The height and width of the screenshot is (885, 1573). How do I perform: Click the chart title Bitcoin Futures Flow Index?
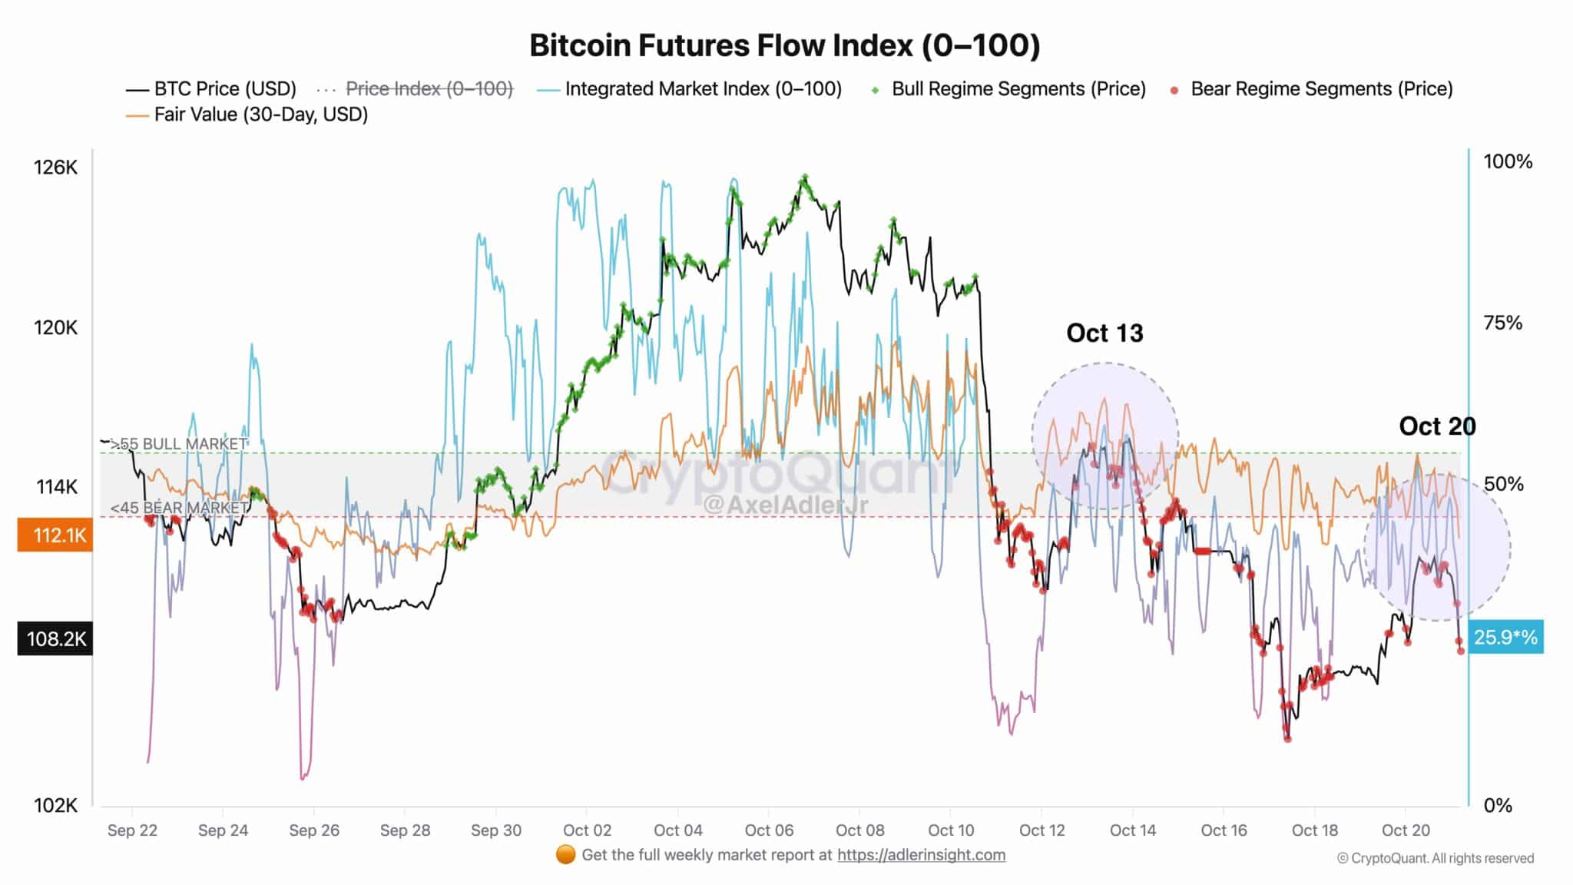pyautogui.click(x=785, y=46)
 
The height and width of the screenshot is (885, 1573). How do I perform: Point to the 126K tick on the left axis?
pyautogui.click(x=55, y=167)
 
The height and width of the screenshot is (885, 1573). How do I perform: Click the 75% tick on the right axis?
pyautogui.click(x=1502, y=323)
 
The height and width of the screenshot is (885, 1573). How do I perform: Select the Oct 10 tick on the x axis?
pyautogui.click(x=951, y=830)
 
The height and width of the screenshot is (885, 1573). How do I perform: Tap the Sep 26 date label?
pyautogui.click(x=314, y=830)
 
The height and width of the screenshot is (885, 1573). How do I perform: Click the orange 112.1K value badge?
pyautogui.click(x=55, y=535)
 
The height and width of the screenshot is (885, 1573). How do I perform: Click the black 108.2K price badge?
pyautogui.click(x=55, y=638)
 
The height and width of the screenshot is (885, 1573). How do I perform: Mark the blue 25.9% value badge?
pyautogui.click(x=1505, y=638)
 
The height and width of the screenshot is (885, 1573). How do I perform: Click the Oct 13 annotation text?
pyautogui.click(x=1104, y=333)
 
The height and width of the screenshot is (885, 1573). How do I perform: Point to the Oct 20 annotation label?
pyautogui.click(x=1437, y=426)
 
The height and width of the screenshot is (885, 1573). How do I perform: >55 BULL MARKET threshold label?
pyautogui.click(x=179, y=444)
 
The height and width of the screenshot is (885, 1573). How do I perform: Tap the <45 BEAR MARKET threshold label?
pyautogui.click(x=179, y=508)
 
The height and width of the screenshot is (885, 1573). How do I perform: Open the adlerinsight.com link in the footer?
pyautogui.click(x=921, y=855)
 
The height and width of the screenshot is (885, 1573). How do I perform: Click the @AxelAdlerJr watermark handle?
pyautogui.click(x=786, y=505)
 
